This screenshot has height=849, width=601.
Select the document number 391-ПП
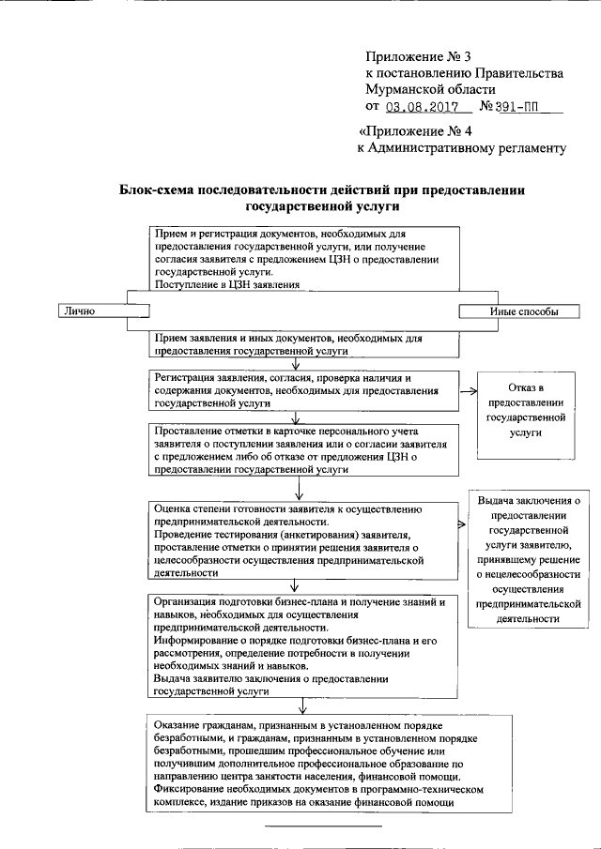pyautogui.click(x=519, y=108)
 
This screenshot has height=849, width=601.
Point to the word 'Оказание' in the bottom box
pyautogui.click(x=177, y=726)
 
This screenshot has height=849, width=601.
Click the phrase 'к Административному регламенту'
pyautogui.click(x=461, y=147)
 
